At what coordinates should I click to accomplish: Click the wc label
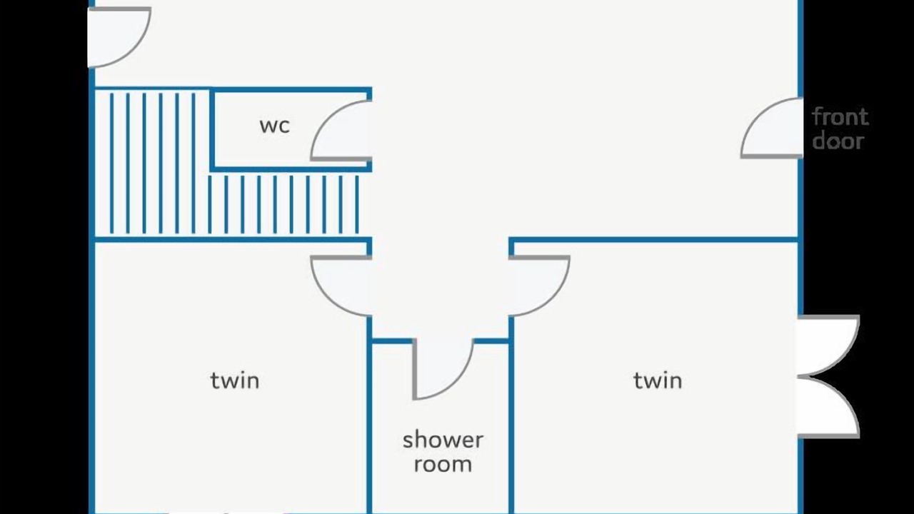(x=275, y=126)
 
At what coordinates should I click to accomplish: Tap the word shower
(x=443, y=440)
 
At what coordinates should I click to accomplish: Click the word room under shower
(x=443, y=465)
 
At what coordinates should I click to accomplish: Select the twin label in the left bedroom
(x=235, y=381)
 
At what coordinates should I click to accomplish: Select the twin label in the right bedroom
(x=658, y=381)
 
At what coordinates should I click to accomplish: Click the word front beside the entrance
(x=840, y=117)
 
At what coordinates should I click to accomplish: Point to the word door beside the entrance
(x=838, y=141)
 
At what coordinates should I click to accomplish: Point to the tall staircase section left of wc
(x=152, y=163)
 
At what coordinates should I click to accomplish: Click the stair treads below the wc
(x=283, y=205)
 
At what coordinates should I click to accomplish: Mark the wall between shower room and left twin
(x=369, y=414)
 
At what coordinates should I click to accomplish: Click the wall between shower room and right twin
(x=511, y=414)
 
